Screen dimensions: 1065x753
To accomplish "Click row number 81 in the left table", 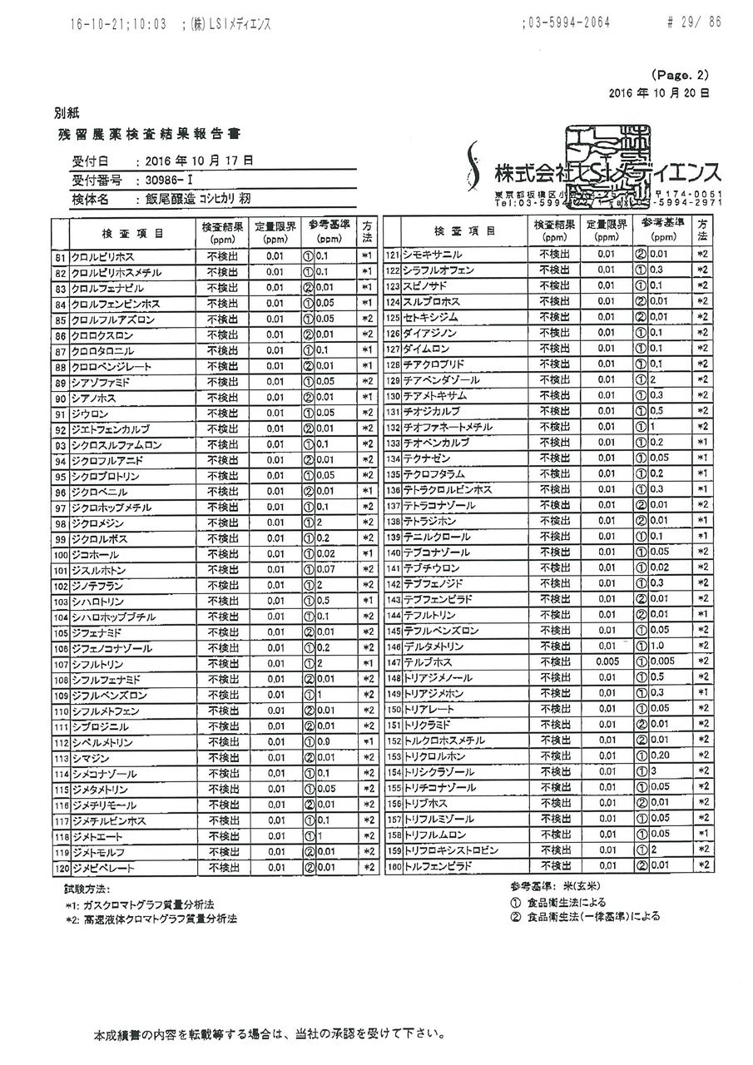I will coord(60,257).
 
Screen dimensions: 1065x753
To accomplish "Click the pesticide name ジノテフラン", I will coord(99,586).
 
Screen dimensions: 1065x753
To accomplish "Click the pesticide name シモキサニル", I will coord(433,254).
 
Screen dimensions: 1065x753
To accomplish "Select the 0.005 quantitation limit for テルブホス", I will coord(607,661).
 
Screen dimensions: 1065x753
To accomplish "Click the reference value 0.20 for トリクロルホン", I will coord(662,756).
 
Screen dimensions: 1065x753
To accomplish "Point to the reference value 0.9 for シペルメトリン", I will coord(324,741).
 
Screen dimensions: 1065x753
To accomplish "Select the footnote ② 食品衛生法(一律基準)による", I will coord(586,917).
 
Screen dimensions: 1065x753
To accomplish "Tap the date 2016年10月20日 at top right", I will coord(659,94).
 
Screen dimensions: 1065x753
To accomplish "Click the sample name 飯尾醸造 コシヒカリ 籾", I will coord(197,200).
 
